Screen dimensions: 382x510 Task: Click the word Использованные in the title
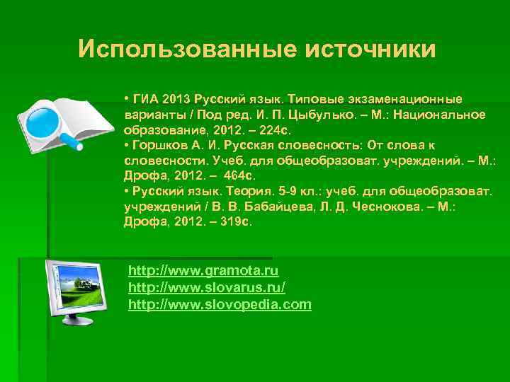click(187, 50)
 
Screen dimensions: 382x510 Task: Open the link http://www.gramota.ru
click(203, 271)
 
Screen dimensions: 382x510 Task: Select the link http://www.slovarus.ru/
click(207, 288)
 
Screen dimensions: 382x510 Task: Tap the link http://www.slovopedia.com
click(220, 305)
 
